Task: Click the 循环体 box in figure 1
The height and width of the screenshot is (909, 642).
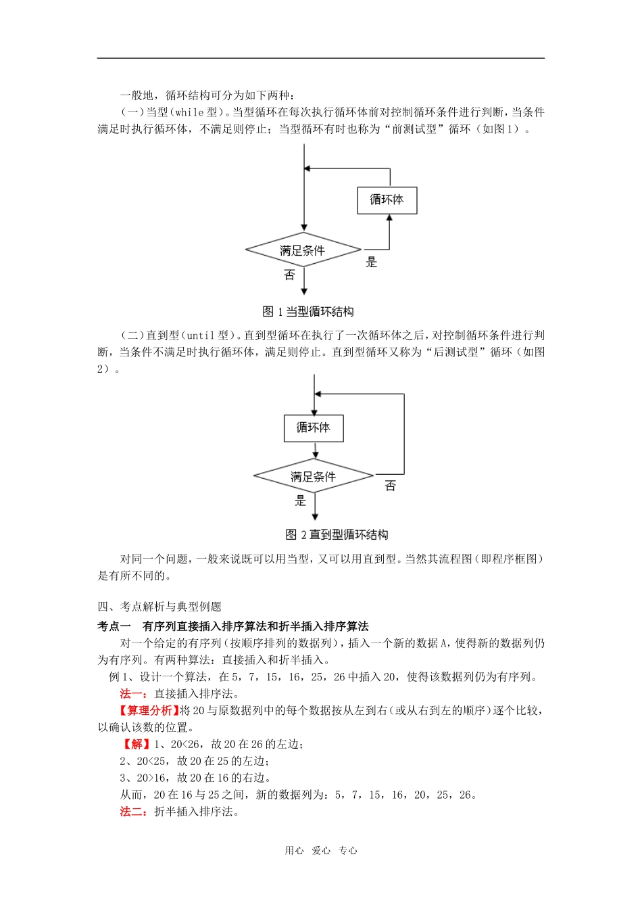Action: (387, 200)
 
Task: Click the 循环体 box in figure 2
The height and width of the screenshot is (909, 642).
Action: (314, 428)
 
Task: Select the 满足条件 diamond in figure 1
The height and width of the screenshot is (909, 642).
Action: (303, 250)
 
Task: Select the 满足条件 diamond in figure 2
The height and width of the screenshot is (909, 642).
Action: (314, 477)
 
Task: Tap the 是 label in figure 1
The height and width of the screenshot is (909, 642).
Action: (371, 262)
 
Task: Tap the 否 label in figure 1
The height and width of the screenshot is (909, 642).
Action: (289, 275)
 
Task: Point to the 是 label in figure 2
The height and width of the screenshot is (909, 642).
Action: (301, 500)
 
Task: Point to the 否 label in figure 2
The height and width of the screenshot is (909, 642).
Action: (390, 486)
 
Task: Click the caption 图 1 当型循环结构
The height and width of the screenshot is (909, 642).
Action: (308, 312)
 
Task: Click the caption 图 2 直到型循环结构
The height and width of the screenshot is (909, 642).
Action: (337, 535)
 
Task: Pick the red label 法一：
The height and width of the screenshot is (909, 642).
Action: (134, 693)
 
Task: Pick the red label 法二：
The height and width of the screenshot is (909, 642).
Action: (134, 812)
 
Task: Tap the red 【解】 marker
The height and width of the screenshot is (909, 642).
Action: (137, 744)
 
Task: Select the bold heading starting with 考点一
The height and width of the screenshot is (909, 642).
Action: (233, 626)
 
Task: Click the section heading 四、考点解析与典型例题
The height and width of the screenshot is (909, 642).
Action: (159, 607)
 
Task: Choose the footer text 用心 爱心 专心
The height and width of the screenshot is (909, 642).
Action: (321, 851)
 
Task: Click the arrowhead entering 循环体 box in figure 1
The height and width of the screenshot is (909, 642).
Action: (389, 218)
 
